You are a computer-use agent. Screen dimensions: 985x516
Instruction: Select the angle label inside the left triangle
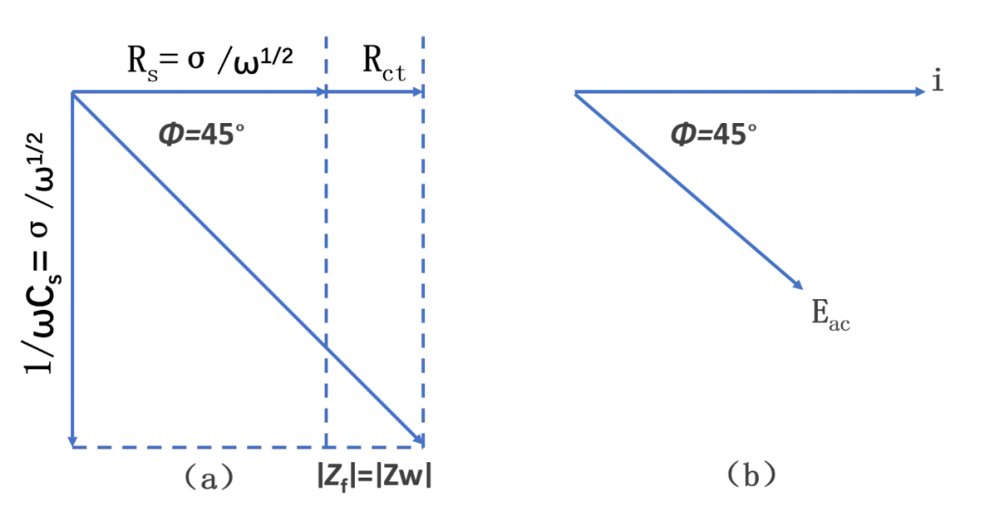tap(201, 134)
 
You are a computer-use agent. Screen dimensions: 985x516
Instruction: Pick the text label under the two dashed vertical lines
tap(375, 476)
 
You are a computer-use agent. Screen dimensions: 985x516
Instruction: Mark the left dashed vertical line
tap(326, 228)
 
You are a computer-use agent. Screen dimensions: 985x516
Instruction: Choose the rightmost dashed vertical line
tap(422, 228)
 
